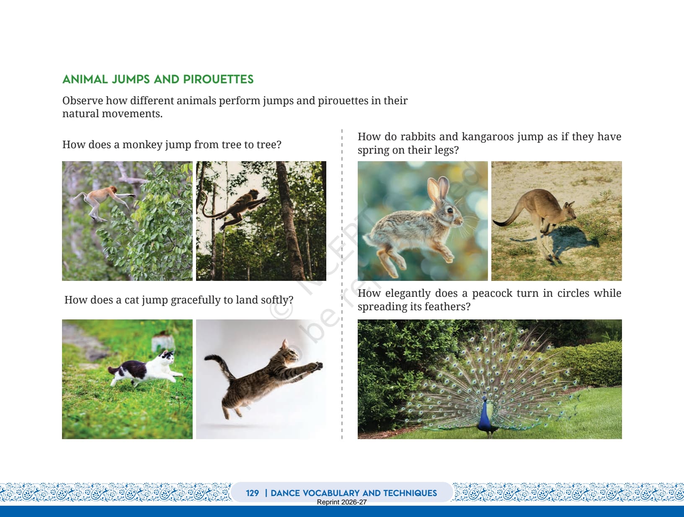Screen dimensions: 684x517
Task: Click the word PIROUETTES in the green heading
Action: click(218, 80)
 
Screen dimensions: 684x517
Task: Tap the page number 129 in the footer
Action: click(252, 493)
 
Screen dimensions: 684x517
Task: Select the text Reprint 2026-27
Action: click(341, 502)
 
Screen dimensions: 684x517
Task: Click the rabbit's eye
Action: click(450, 211)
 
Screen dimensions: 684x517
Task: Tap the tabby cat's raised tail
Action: click(218, 364)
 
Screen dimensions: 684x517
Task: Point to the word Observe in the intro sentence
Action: click(83, 100)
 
